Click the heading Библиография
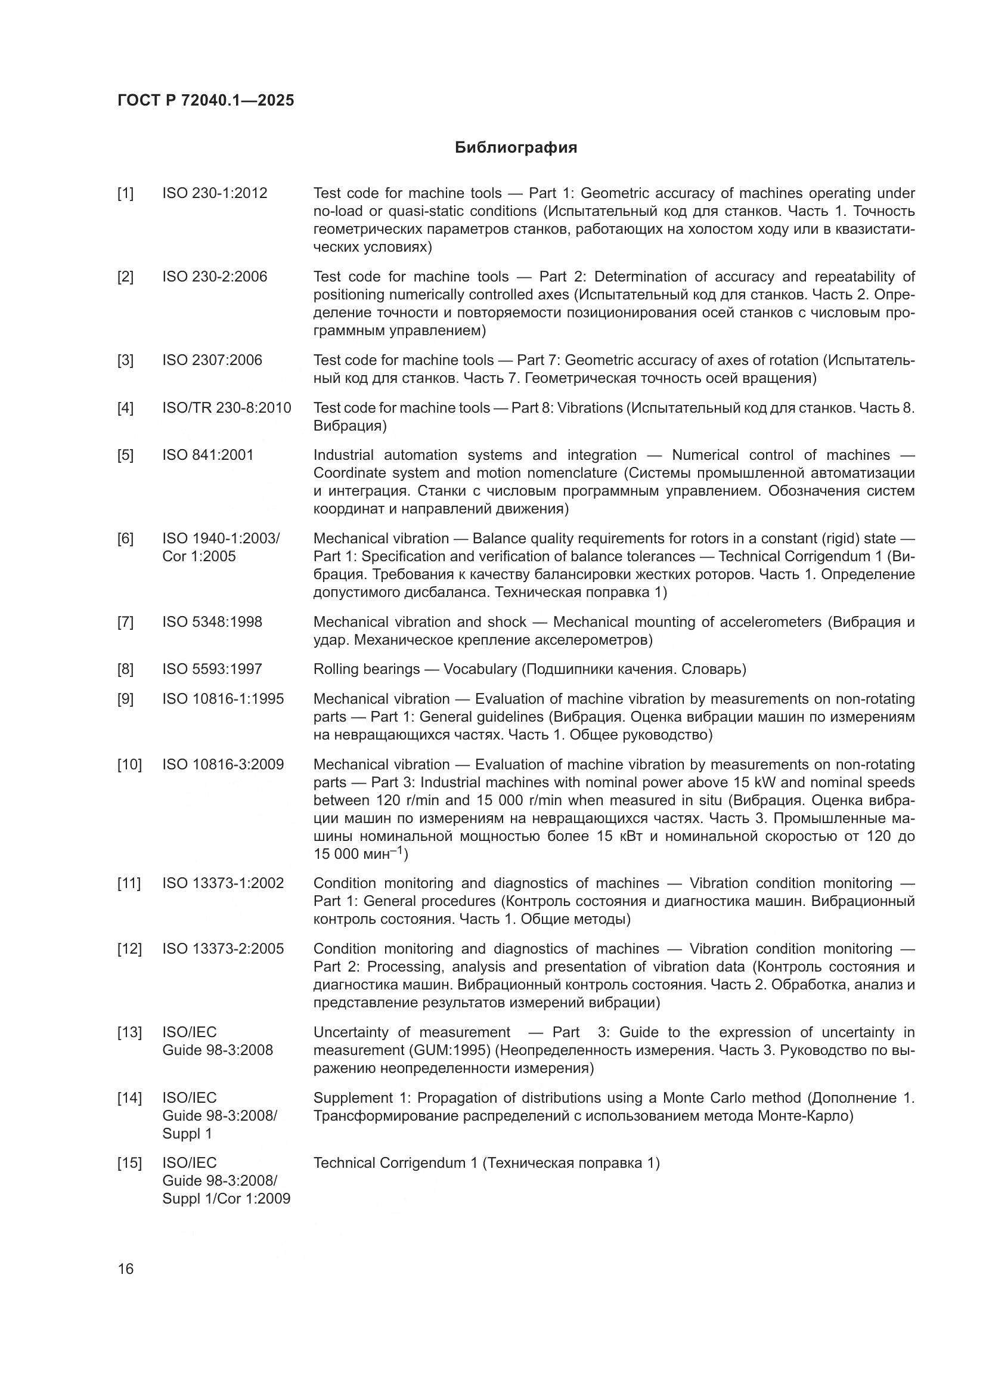[x=516, y=148]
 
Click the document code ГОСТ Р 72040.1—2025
[x=205, y=101]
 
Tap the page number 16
[x=126, y=1269]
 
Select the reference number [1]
[x=125, y=193]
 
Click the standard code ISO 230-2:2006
[x=215, y=277]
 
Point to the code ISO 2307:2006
[x=212, y=360]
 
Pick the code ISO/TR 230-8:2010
[x=227, y=408]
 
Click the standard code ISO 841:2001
[x=207, y=455]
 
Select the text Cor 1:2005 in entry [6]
[x=199, y=556]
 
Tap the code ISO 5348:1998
[x=212, y=622]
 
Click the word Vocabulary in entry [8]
[x=480, y=670]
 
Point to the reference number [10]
[x=129, y=765]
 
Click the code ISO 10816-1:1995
[x=223, y=700]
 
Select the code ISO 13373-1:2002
[x=223, y=883]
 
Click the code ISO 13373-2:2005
[x=223, y=949]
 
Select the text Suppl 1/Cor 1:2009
[x=226, y=1199]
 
